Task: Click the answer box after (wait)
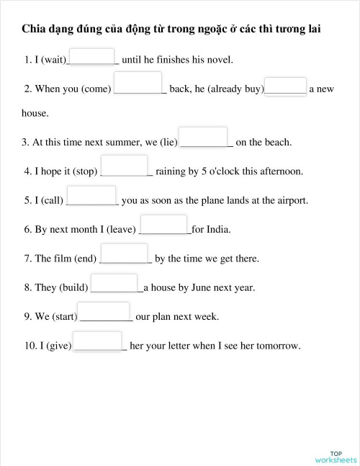click(x=91, y=56)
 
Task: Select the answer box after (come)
click(x=138, y=84)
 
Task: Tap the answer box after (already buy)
click(x=285, y=86)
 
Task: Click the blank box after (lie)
click(x=202, y=136)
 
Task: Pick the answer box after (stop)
click(x=124, y=165)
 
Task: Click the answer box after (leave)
click(x=163, y=224)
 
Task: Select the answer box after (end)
click(x=123, y=253)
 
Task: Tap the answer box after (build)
click(x=114, y=282)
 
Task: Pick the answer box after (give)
click(x=97, y=341)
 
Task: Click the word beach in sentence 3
click(x=276, y=143)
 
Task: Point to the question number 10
click(x=30, y=346)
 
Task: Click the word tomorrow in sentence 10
click(x=277, y=346)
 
